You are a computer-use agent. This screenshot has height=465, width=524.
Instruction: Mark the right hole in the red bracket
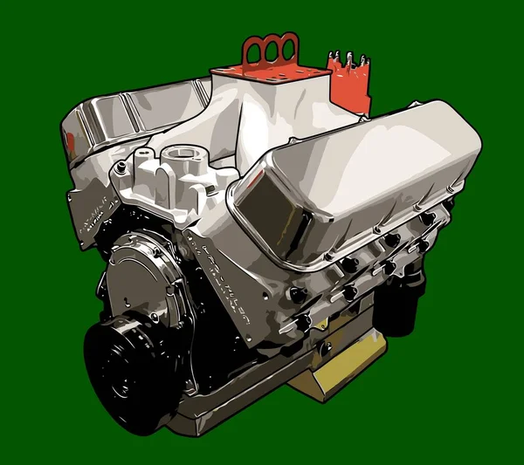pyautogui.click(x=287, y=46)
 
